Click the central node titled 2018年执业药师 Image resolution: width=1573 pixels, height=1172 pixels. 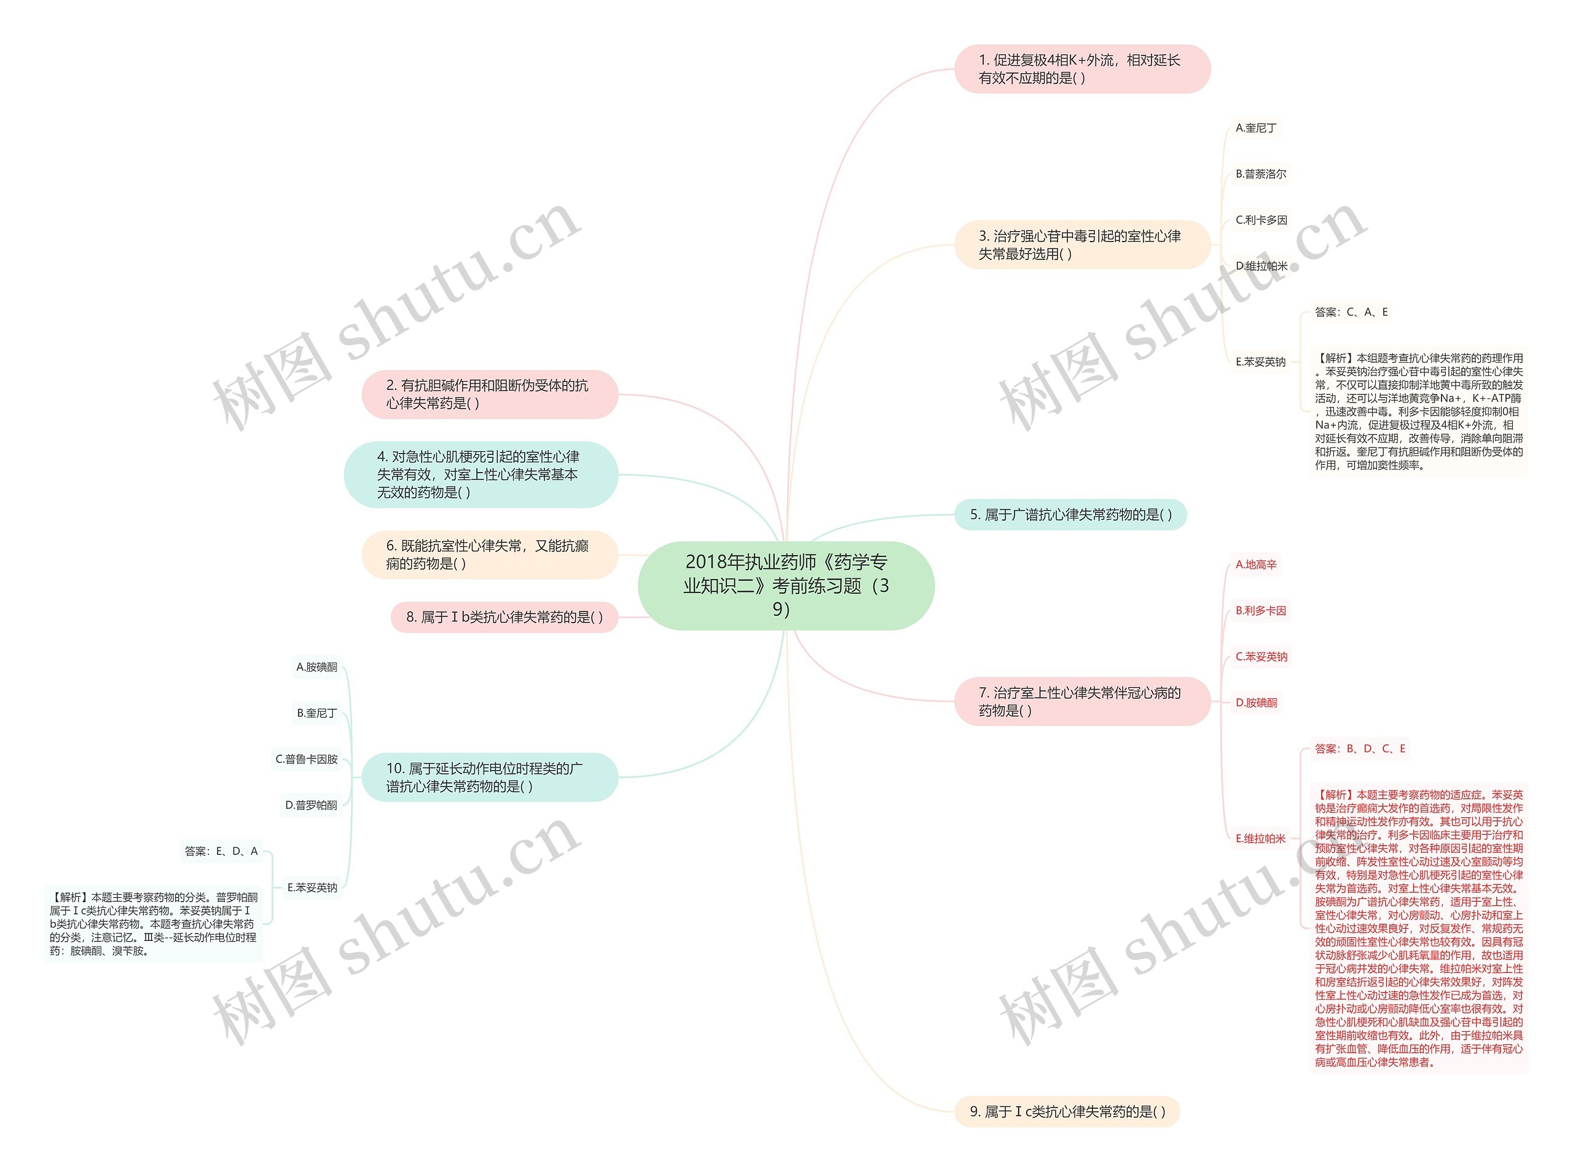point(786,585)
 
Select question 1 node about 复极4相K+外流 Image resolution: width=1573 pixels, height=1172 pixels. point(1081,69)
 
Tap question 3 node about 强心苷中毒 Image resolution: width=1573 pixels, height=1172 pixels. point(1081,245)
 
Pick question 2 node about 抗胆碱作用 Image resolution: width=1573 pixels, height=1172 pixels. point(489,394)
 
